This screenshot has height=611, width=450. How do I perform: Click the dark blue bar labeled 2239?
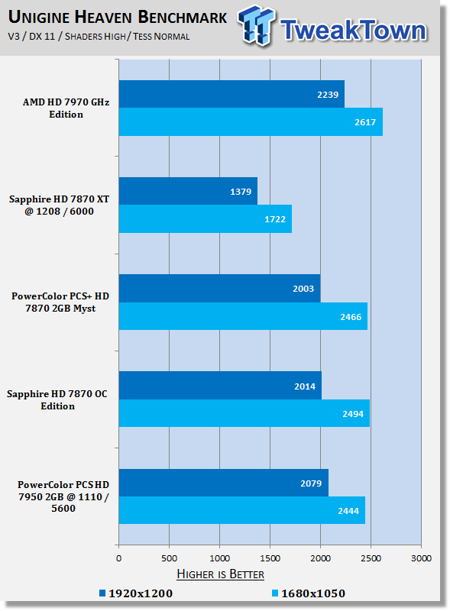click(x=231, y=94)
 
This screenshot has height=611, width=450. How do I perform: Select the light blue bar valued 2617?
click(x=251, y=122)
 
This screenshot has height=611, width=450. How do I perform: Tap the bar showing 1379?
click(x=188, y=191)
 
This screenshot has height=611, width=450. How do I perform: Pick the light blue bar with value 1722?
click(x=206, y=219)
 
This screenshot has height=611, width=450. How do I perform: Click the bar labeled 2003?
click(x=219, y=289)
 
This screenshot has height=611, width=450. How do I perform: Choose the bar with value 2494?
click(x=244, y=413)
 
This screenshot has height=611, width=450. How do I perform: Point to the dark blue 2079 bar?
click(x=223, y=483)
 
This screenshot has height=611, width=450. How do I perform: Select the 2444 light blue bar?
click(x=242, y=510)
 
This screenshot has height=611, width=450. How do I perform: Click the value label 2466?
click(x=351, y=317)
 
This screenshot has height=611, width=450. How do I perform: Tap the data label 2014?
click(x=305, y=386)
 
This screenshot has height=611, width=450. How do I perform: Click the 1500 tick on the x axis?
click(x=270, y=558)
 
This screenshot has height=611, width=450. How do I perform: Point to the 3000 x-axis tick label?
click(x=421, y=558)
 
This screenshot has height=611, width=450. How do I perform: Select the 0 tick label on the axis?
click(x=119, y=558)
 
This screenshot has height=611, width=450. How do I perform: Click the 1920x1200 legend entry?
click(x=136, y=593)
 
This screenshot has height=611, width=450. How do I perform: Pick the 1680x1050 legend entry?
click(x=309, y=593)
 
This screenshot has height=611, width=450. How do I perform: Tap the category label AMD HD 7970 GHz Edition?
click(x=66, y=108)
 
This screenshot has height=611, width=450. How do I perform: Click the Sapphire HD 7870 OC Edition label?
click(x=57, y=399)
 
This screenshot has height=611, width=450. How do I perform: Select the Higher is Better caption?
click(x=220, y=574)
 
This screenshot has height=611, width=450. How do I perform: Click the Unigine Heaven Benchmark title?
click(x=118, y=17)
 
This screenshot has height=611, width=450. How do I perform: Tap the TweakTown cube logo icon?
click(x=256, y=26)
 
